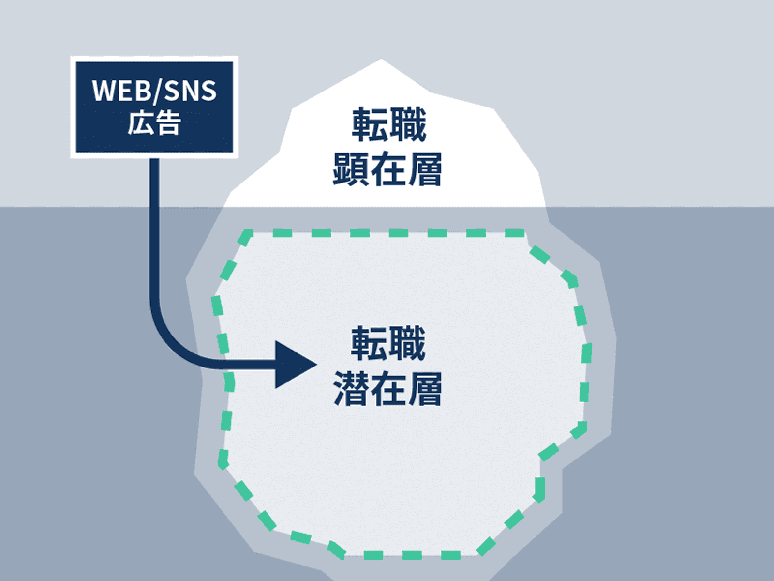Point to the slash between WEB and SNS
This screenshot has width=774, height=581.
pos(156,91)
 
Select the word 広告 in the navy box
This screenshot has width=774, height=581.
pos(154,122)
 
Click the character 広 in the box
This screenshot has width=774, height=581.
pos(141,122)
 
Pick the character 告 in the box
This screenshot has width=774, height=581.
pos(168,122)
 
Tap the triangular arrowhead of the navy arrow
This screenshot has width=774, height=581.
pos(293,365)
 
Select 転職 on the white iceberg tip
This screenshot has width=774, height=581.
pos(388,125)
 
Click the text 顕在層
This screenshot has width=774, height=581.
pos(387,169)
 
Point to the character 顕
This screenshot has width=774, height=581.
pos(352,169)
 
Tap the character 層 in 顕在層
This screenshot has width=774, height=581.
pos(424,169)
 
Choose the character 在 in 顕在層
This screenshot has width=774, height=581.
pos(388,169)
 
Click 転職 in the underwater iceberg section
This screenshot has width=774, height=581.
pos(388,343)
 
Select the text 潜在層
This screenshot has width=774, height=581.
pos(387,388)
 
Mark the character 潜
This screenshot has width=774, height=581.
pos(352,388)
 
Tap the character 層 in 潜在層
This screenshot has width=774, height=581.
pos(424,388)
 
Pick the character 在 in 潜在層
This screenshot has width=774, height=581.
pos(388,388)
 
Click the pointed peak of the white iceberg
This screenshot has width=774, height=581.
pos(382,61)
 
